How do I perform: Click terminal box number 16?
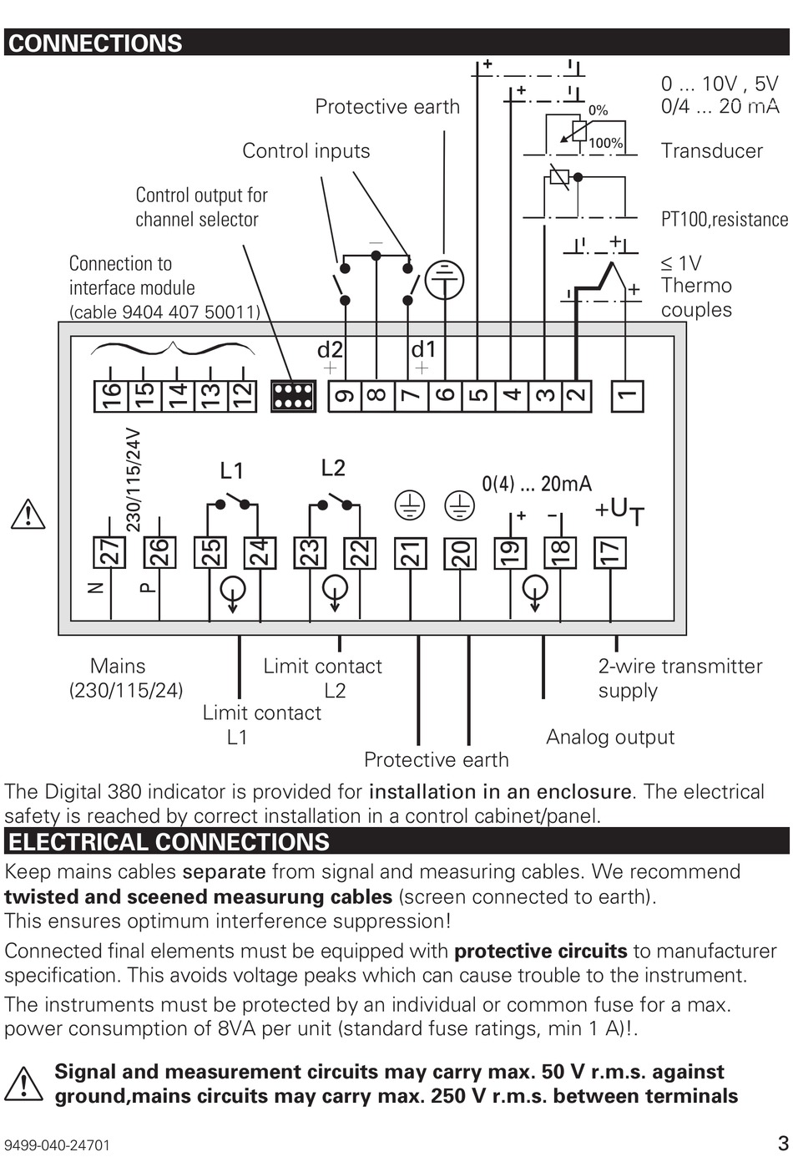click(111, 396)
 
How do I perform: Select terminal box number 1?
click(627, 396)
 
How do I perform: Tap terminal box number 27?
click(109, 553)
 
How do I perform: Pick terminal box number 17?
click(609, 553)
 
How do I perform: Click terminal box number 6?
click(445, 396)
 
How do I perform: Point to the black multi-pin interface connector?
click(293, 397)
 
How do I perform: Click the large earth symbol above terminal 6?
click(445, 281)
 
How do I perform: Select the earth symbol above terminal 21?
click(410, 505)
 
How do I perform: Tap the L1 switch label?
click(231, 470)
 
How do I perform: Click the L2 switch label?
click(333, 468)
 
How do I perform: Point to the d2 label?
click(330, 350)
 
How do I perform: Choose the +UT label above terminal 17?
click(619, 512)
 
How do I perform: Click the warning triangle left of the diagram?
click(28, 514)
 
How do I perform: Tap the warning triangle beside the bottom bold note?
click(23, 1083)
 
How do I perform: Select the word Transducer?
click(711, 151)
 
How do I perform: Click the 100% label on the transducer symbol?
click(605, 143)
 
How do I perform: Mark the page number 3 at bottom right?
click(783, 1141)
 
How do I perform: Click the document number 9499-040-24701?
click(57, 1145)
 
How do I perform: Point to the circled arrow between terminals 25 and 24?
click(233, 591)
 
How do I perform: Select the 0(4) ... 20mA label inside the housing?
click(537, 484)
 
